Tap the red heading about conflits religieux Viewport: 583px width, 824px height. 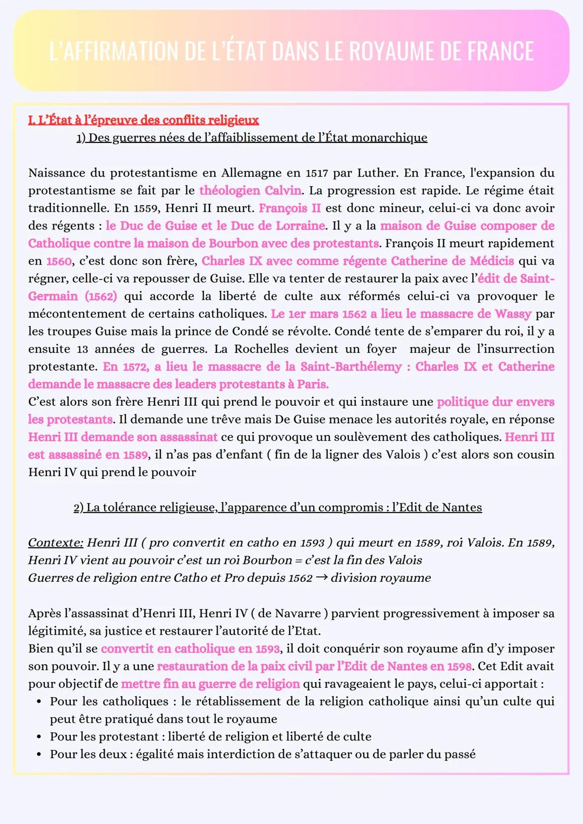144,120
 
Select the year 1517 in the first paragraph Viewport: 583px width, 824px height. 317,173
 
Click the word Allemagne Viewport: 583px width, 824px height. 241,173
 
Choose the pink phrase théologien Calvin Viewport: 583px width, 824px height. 250,190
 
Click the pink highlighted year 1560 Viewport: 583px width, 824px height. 59,261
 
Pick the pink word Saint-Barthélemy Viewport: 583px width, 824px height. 351,367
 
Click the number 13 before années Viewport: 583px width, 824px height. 82,349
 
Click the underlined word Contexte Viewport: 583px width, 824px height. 56,543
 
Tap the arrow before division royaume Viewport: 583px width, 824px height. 321,577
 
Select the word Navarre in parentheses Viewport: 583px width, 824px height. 298,614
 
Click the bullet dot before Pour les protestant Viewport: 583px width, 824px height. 39,737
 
